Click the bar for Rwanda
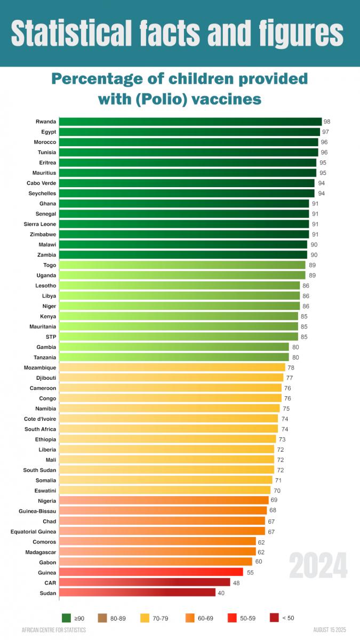tap(190, 122)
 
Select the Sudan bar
tap(137, 593)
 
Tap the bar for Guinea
tap(151, 572)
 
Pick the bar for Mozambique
tap(172, 367)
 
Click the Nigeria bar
tap(164, 500)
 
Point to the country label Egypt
tap(49, 132)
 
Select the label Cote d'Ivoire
tap(40, 419)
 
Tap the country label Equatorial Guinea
tap(33, 531)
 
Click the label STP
tap(51, 337)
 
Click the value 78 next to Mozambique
tap(291, 367)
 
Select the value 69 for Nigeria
tap(274, 500)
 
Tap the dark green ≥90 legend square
tap(67, 618)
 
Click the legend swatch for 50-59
tap(232, 618)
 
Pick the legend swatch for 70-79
tap(145, 618)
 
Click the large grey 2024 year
tap(318, 566)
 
